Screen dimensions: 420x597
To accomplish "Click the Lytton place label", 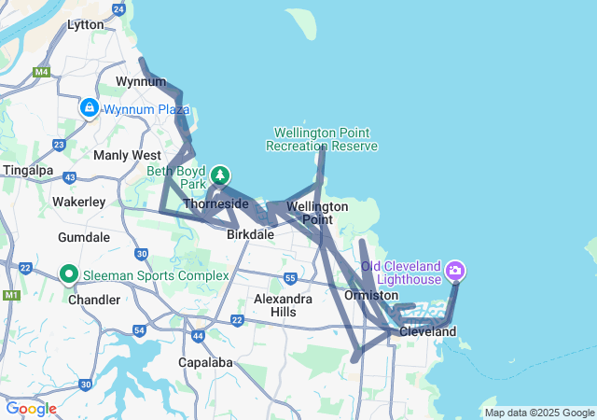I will pyautogui.click(x=86, y=25).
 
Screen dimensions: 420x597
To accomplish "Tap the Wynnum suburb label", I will pyautogui.click(x=134, y=82).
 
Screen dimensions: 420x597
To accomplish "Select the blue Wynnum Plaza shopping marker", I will pyautogui.click(x=89, y=108).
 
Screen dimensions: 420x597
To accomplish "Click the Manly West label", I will pyautogui.click(x=127, y=155).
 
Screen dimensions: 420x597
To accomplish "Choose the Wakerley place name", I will pyautogui.click(x=78, y=202).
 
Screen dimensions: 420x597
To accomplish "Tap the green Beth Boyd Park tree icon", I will pyautogui.click(x=220, y=175).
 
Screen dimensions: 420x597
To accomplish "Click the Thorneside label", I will pyautogui.click(x=216, y=203).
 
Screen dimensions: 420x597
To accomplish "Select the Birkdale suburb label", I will pyautogui.click(x=251, y=234).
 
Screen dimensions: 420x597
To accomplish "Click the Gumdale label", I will pyautogui.click(x=84, y=237).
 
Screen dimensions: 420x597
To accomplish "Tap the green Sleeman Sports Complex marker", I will pyautogui.click(x=68, y=274).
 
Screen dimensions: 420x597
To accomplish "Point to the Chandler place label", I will pyautogui.click(x=94, y=300).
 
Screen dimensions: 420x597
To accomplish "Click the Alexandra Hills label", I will pyautogui.click(x=284, y=305).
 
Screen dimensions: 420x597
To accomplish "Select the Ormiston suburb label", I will pyautogui.click(x=371, y=295).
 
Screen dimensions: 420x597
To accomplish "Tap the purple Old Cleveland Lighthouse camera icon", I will pyautogui.click(x=455, y=272).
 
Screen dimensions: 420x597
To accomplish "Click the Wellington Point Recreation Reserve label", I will pyautogui.click(x=322, y=139).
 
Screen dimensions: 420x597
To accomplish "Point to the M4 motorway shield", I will pyautogui.click(x=41, y=72).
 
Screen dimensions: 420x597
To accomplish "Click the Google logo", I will pyautogui.click(x=31, y=409).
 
